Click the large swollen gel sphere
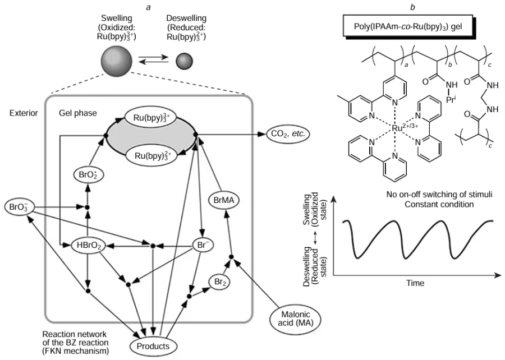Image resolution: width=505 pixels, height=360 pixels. [117, 61]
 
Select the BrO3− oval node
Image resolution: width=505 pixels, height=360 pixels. [19, 207]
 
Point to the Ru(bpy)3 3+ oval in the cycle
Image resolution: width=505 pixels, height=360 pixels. [151, 119]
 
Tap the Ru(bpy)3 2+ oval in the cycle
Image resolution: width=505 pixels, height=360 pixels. [150, 155]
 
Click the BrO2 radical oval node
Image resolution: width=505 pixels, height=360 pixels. [87, 175]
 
